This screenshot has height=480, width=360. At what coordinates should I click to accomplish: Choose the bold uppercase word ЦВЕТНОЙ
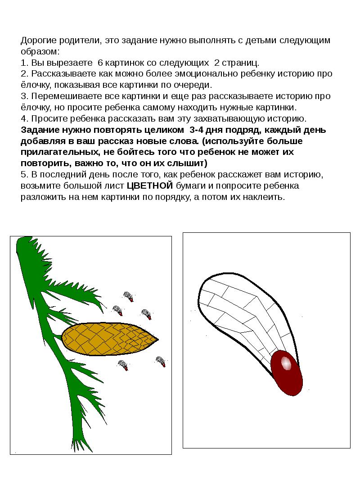150,186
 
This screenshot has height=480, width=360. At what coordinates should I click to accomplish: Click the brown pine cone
108,338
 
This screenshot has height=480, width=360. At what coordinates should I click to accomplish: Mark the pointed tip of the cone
157,339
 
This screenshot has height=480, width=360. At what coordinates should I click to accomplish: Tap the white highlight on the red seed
285,362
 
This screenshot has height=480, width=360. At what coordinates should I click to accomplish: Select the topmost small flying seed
129,297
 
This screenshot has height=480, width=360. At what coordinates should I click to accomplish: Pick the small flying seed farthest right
161,361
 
